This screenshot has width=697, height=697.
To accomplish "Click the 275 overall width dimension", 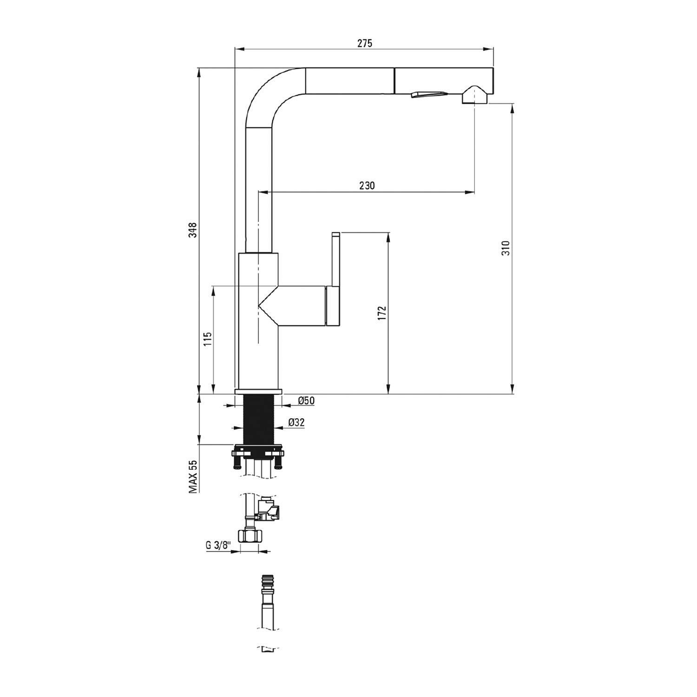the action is [x=365, y=44].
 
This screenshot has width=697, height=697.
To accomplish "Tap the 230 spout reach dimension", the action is [x=367, y=186].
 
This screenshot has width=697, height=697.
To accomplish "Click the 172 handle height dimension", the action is [x=382, y=313].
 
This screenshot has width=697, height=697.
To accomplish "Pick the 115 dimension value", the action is [x=208, y=339].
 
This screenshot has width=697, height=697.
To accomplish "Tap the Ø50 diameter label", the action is [x=306, y=401].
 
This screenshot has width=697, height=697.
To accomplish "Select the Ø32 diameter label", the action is [x=296, y=422].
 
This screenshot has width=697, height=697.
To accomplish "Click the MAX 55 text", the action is [x=193, y=476].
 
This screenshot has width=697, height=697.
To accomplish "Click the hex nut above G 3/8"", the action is [x=250, y=536].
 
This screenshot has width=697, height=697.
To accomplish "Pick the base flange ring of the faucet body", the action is [x=258, y=392].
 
